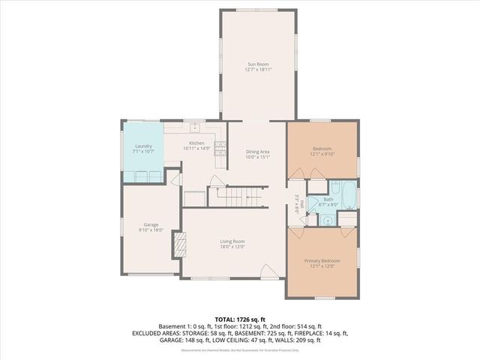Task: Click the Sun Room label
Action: click(257, 65)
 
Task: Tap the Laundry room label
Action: click(143, 146)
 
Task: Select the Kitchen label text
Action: click(196, 143)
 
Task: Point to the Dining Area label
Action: click(257, 152)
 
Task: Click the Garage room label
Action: click(150, 224)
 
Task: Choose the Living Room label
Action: click(232, 241)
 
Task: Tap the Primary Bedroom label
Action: click(322, 260)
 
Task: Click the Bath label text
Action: click(328, 199)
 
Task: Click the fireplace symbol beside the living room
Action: click(178, 244)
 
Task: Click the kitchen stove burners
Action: click(220, 150)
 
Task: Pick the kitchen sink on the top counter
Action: click(193, 127)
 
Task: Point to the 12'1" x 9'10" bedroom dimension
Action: click(322, 154)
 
